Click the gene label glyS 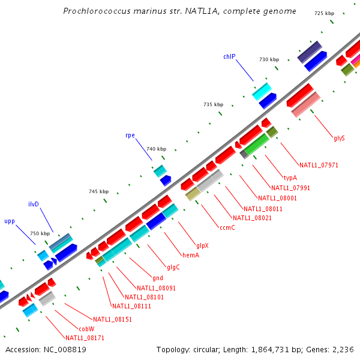tap(339, 138)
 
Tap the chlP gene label tap(229, 56)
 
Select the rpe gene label tap(130, 135)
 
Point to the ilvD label tap(34, 204)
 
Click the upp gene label tap(10, 221)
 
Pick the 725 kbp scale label tap(324, 13)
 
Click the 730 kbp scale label tap(269, 59)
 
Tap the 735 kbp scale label tap(213, 104)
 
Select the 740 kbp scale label tap(156, 149)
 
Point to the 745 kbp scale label tap(99, 191)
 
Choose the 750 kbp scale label tap(40, 233)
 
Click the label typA tap(290, 178)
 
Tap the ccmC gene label tap(227, 227)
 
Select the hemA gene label tap(191, 255)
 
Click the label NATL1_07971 tap(319, 165)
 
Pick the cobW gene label tap(86, 329)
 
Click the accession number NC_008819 tap(65, 349)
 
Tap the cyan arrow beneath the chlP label tap(262, 91)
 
